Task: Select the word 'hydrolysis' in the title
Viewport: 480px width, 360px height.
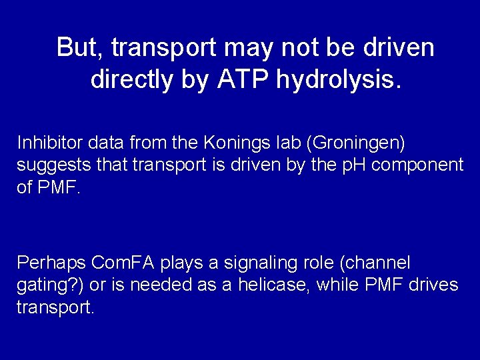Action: (337, 81)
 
